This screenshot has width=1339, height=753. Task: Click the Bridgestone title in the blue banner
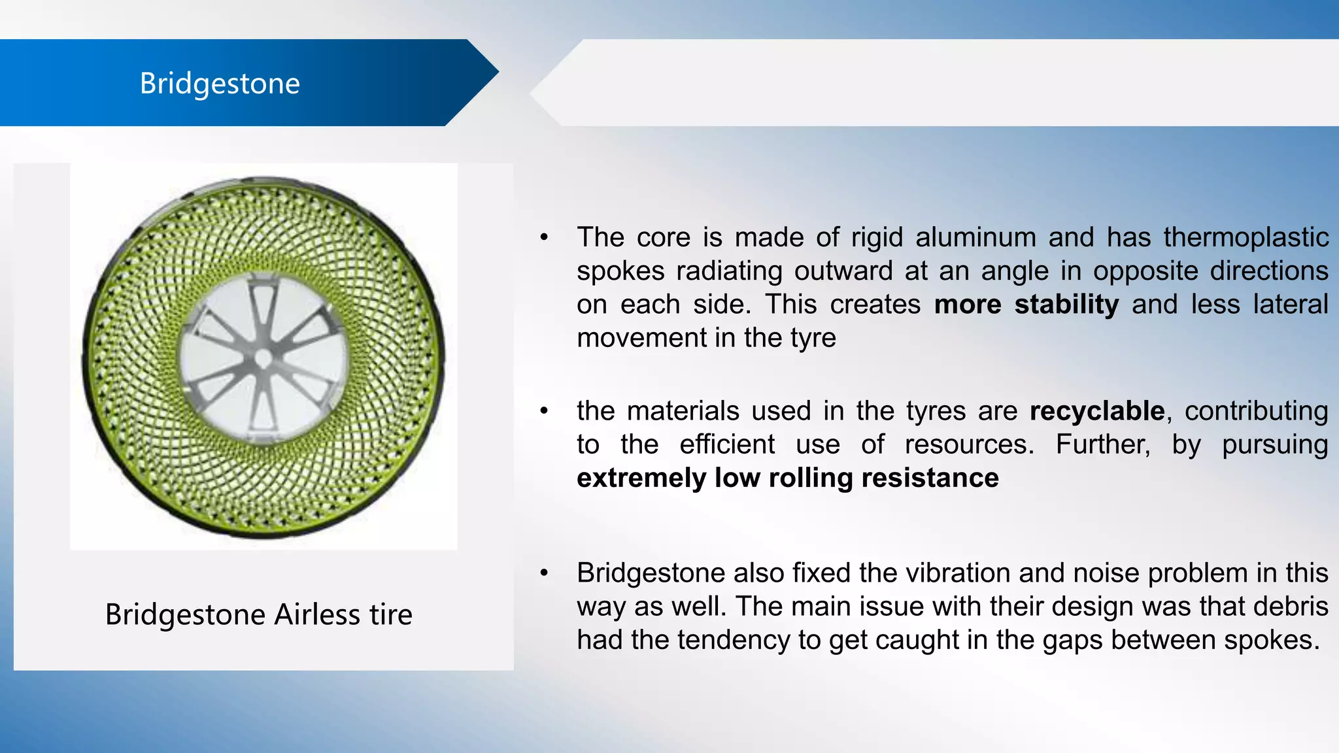tap(220, 84)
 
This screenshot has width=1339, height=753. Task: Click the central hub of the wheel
tap(263, 358)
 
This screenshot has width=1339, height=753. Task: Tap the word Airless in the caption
tap(316, 614)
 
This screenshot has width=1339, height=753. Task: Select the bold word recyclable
tap(1096, 411)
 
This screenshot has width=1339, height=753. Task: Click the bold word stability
tap(1066, 305)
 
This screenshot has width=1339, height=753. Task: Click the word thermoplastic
tap(1246, 237)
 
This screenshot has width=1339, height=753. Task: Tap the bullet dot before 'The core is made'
tap(544, 237)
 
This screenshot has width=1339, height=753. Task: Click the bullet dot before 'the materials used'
tap(544, 411)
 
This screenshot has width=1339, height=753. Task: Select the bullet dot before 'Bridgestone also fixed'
tap(544, 573)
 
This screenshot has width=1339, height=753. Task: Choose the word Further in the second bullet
tap(1102, 444)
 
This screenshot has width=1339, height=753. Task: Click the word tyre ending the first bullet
tap(813, 338)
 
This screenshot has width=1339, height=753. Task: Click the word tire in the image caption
tap(391, 614)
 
